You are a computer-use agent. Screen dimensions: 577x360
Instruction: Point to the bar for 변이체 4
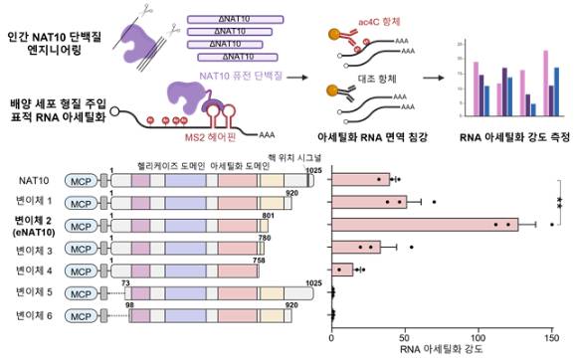point(342,269)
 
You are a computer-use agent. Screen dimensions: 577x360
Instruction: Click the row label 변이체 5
point(37,292)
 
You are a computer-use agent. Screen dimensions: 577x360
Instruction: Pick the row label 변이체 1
point(37,203)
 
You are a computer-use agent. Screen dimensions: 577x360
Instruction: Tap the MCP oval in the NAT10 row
point(83,181)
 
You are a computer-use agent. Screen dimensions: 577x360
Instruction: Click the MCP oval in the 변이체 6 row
point(83,315)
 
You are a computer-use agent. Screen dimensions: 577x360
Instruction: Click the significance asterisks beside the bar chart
point(562,202)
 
